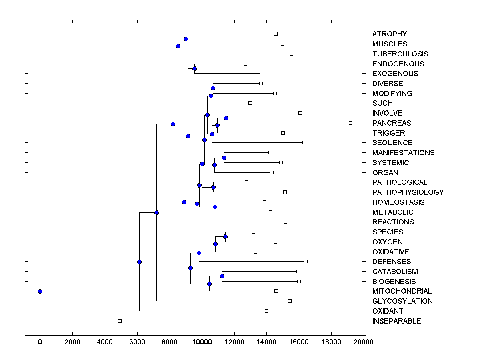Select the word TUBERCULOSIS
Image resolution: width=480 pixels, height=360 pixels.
pos(400,54)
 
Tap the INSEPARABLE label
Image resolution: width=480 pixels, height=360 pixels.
pos(396,321)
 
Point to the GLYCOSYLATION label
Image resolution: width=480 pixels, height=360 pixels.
pos(402,301)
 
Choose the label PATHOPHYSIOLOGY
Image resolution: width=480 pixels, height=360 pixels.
pos(408,192)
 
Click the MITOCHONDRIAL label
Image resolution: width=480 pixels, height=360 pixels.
pos(402,291)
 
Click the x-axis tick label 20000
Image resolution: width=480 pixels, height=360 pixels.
pos(364,342)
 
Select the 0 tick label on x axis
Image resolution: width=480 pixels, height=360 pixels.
pos(40,342)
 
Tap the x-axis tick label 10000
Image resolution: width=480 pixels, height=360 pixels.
pos(202,342)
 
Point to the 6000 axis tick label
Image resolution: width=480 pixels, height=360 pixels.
pos(137,342)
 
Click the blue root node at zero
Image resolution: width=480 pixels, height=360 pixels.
pos(40,291)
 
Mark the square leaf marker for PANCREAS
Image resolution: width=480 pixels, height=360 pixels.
pos(350,123)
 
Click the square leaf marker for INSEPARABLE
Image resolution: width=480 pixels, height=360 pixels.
pos(120,321)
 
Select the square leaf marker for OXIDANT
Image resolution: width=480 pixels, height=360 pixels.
pos(266,311)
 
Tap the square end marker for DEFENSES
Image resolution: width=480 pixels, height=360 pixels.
pos(306,261)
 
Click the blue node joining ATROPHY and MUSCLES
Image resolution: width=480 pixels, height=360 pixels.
pos(186,39)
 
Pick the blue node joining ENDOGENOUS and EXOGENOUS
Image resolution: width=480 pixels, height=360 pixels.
pos(194,69)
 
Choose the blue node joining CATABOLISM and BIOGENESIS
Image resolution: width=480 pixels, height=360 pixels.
pos(222,276)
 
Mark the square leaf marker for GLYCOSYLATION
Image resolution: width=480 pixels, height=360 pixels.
pos(290,301)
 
